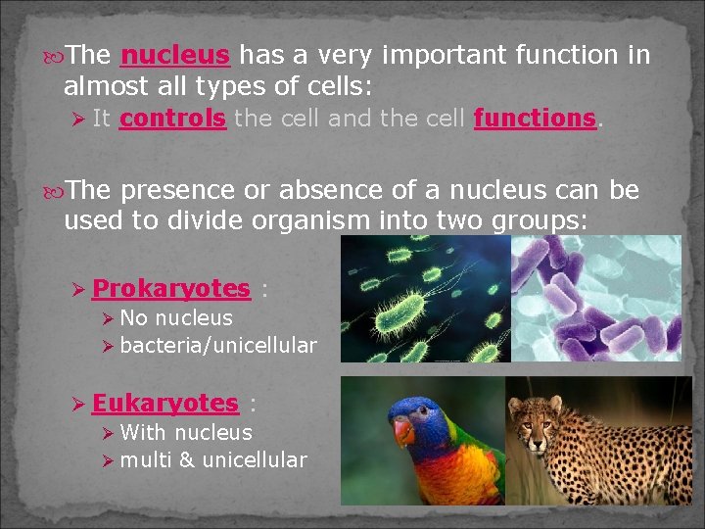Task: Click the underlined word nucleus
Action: [175, 55]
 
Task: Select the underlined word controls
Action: [172, 119]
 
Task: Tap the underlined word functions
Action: [535, 119]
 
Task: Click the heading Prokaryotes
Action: [170, 289]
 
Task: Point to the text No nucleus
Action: [175, 318]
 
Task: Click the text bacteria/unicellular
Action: [217, 346]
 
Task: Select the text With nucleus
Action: [185, 433]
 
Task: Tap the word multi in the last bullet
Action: [145, 460]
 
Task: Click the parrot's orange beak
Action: [402, 431]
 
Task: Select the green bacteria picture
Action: [425, 299]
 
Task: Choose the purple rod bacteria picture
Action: [595, 299]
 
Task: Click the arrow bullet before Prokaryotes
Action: [80, 290]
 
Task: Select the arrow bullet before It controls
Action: [80, 120]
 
